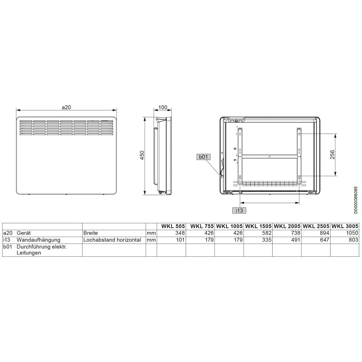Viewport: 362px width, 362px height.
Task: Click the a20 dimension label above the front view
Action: click(66, 108)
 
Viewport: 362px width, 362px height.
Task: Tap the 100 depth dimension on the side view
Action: click(163, 108)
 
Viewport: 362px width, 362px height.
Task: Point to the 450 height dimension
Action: click(142, 155)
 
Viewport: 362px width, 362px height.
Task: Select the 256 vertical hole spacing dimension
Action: click(332, 155)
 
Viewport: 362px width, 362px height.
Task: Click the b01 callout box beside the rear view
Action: click(203, 157)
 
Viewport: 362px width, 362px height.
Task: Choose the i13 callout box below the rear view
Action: click(239, 210)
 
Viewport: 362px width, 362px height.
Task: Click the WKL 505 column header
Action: click(173, 226)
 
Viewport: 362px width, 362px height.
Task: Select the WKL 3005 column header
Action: click(345, 226)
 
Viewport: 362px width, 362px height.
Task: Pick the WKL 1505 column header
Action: click(258, 226)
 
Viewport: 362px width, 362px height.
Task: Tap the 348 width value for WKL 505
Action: click(180, 233)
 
